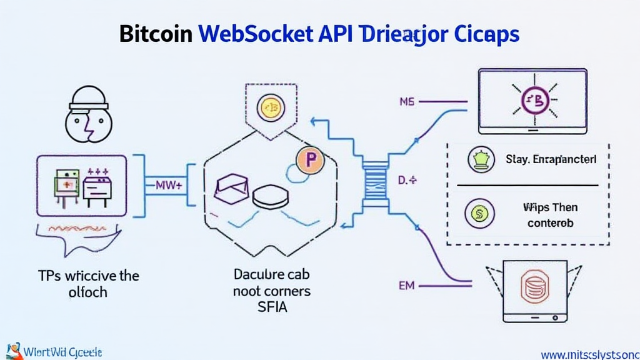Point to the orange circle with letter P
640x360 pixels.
tap(311, 162)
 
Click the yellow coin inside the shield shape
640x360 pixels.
tap(271, 107)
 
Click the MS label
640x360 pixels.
tap(406, 101)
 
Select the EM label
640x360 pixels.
tap(406, 286)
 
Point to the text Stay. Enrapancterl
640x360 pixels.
tap(551, 159)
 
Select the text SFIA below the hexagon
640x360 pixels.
tap(271, 307)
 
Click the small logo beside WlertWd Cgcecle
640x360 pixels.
tap(12, 351)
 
